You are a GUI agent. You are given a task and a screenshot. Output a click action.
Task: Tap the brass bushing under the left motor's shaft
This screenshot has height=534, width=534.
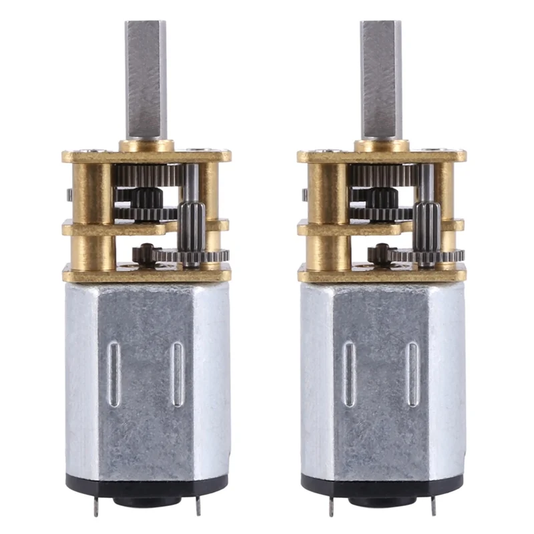point(146,145)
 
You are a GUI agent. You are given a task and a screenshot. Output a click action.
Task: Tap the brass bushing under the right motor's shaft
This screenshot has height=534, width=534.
point(381,145)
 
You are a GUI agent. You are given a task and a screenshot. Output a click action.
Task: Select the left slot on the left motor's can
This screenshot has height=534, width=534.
point(114,374)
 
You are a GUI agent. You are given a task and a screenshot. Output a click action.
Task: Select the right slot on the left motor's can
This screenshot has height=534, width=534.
point(178,374)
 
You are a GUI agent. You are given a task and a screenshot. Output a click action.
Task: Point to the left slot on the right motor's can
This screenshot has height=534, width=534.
point(349,374)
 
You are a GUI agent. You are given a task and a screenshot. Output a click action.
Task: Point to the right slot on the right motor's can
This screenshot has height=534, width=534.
point(413,374)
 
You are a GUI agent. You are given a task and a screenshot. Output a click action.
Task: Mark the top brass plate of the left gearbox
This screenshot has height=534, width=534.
point(87,156)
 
